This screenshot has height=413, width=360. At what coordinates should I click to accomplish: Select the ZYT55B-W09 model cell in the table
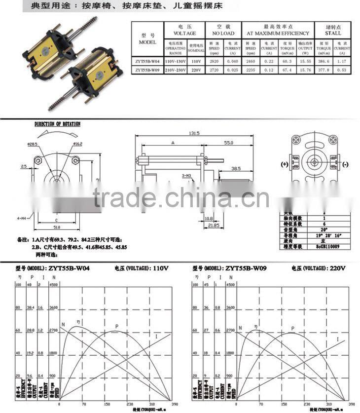click(x=148, y=70)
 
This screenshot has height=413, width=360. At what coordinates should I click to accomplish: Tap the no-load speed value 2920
click(x=214, y=61)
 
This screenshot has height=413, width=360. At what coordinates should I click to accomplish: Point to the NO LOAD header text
click(x=223, y=33)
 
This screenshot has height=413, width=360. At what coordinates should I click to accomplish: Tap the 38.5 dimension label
click(x=236, y=168)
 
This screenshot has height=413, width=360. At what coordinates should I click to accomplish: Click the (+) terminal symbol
click(x=285, y=164)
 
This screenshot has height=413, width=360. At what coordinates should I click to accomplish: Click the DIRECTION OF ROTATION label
click(x=57, y=124)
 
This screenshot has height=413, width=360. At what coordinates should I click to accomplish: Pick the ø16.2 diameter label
click(x=77, y=144)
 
